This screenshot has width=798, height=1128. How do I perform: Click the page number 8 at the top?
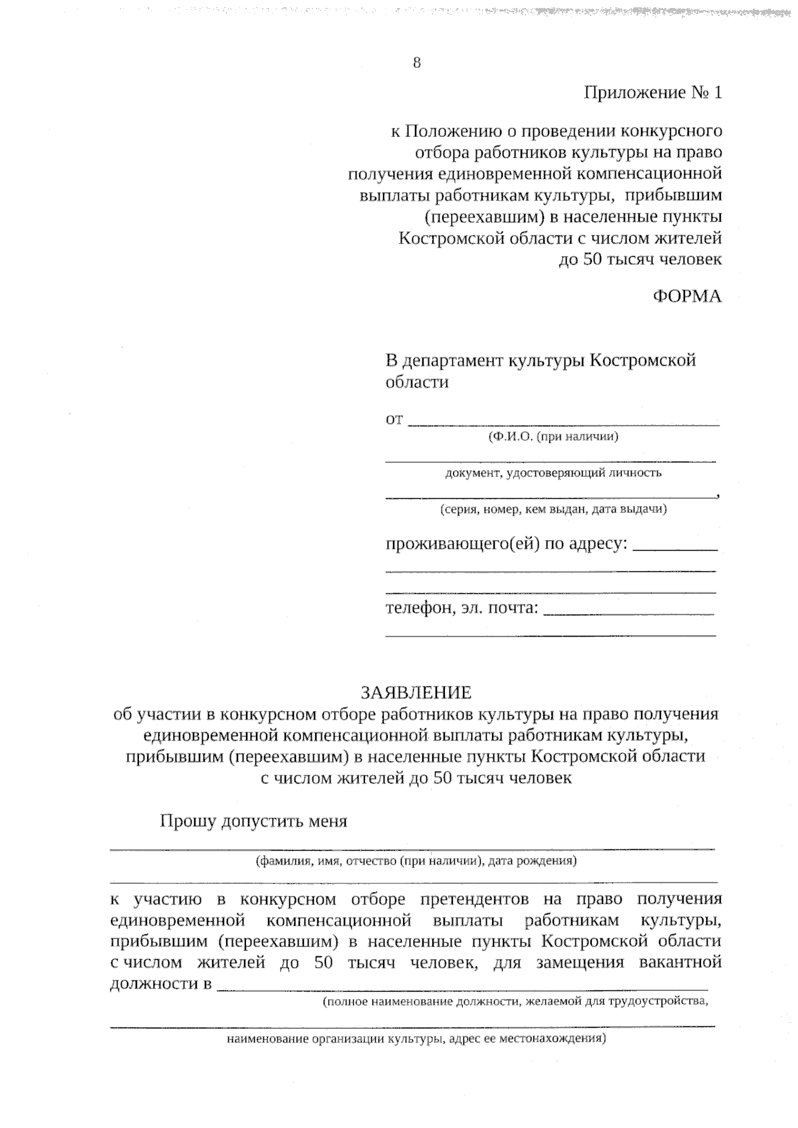point(417,63)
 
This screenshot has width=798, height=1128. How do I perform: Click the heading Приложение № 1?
point(652,92)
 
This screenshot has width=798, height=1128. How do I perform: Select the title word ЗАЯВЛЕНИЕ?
point(416,693)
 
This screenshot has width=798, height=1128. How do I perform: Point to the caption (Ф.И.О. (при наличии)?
point(553,437)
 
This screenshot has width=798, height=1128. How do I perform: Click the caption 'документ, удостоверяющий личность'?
point(553,474)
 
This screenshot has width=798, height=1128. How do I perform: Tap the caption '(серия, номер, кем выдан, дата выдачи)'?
point(553,509)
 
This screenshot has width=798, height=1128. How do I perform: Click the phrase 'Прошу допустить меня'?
point(253,821)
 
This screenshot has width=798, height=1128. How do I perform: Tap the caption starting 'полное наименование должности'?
point(515,1002)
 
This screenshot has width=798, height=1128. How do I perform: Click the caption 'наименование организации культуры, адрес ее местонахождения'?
point(416,1039)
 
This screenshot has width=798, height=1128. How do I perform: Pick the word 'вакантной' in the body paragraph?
point(680,963)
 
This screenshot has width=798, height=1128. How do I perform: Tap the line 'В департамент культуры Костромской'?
point(541,361)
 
